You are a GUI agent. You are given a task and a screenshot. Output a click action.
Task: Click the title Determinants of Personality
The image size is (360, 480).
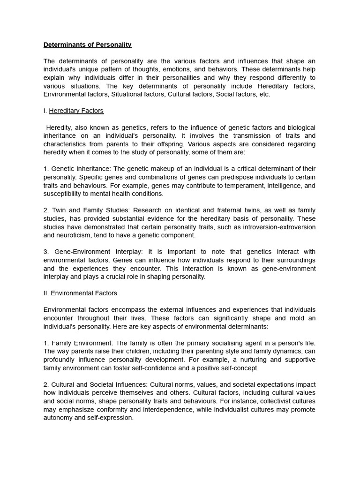[x=88, y=45]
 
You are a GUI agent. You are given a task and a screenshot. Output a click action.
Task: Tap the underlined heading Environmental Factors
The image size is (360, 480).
[x=84, y=293]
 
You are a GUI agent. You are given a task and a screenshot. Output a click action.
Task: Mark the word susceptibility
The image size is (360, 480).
[x=63, y=194]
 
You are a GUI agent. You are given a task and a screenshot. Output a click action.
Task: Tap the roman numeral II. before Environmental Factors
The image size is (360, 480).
[x=46, y=293]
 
